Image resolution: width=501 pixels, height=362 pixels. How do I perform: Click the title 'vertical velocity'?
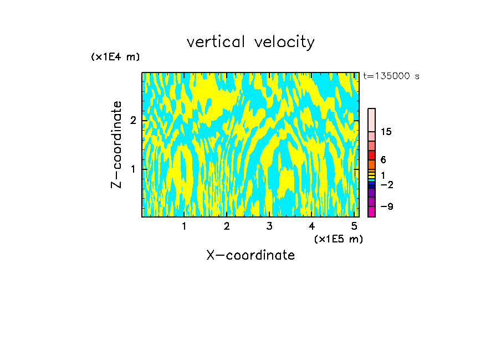pyautogui.click(x=250, y=42)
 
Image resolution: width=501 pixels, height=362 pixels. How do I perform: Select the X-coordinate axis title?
pyautogui.click(x=250, y=255)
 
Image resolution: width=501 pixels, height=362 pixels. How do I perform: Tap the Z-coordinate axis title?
pyautogui.click(x=116, y=144)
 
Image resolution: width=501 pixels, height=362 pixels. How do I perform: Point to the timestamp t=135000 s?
pyautogui.click(x=391, y=76)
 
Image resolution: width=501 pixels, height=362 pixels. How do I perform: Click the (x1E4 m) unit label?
pyautogui.click(x=115, y=57)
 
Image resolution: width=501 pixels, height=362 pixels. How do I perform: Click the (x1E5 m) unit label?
pyautogui.click(x=338, y=239)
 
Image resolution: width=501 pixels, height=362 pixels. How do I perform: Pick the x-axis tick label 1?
pyautogui.click(x=184, y=226)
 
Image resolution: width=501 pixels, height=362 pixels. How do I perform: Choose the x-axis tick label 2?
pyautogui.click(x=227, y=226)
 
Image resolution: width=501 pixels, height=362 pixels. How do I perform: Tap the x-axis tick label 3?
pyautogui.click(x=269, y=226)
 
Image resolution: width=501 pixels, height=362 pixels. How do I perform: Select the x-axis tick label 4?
pyautogui.click(x=311, y=226)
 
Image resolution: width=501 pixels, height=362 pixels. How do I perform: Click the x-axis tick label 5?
pyautogui.click(x=354, y=226)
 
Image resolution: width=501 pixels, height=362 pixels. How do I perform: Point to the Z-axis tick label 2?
pyautogui.click(x=133, y=120)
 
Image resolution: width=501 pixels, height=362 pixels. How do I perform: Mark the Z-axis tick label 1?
pyautogui.click(x=133, y=169)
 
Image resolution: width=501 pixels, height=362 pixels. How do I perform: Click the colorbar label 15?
pyautogui.click(x=386, y=132)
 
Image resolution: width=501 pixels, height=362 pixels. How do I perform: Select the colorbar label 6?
pyautogui.click(x=383, y=160)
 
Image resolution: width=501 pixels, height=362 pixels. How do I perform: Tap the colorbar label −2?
pyautogui.click(x=387, y=184)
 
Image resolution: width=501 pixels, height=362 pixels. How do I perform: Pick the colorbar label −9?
pyautogui.click(x=387, y=206)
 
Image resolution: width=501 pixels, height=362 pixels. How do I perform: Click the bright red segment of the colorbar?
pyautogui.click(x=372, y=156)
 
